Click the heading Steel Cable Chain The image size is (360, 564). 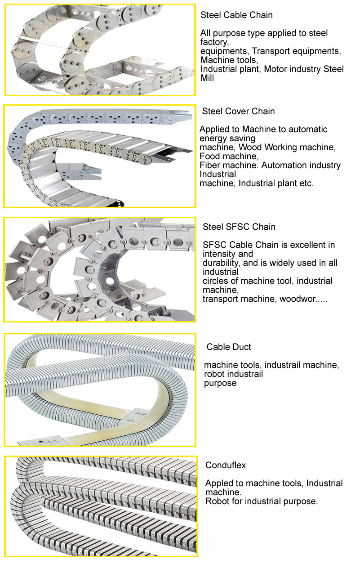click(236, 15)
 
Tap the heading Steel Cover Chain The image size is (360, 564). click(238, 111)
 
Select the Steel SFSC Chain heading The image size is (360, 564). click(239, 227)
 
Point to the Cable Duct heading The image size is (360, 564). click(228, 347)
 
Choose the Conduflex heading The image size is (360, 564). click(226, 466)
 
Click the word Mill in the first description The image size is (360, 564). click(207, 78)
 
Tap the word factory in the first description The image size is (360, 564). click(214, 42)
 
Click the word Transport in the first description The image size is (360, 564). click(271, 51)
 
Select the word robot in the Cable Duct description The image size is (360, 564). click(212, 374)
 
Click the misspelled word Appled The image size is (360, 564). click(219, 483)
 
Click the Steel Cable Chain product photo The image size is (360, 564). click(100, 50)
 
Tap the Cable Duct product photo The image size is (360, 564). click(100, 390)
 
